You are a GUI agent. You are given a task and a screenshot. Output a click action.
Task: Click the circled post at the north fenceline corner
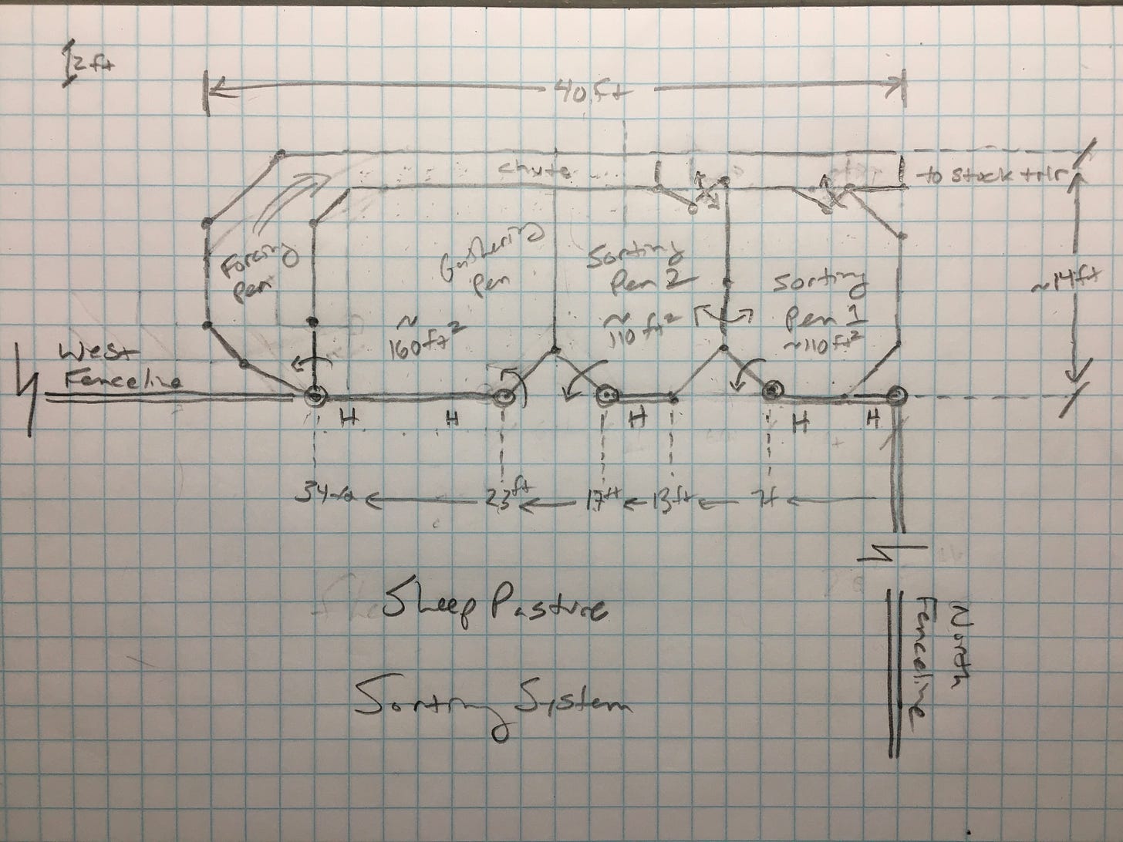click(x=895, y=398)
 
